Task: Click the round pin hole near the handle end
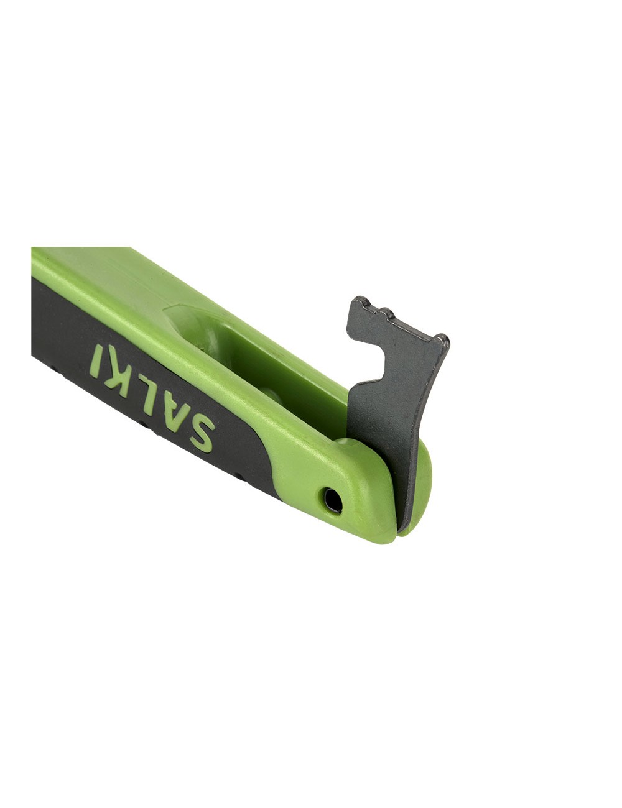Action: [x=332, y=501]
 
